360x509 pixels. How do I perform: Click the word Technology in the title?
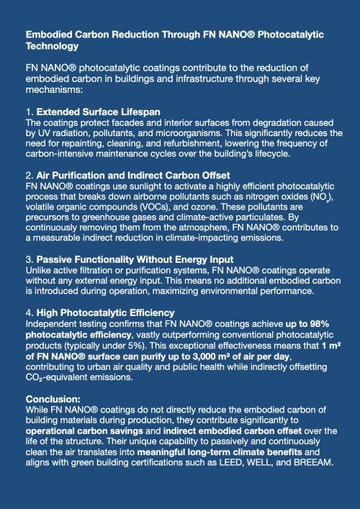pyautogui.click(x=52, y=45)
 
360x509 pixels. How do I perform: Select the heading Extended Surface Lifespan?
pyautogui.click(x=98, y=112)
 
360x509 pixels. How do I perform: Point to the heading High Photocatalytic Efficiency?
pyautogui.click(x=105, y=312)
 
